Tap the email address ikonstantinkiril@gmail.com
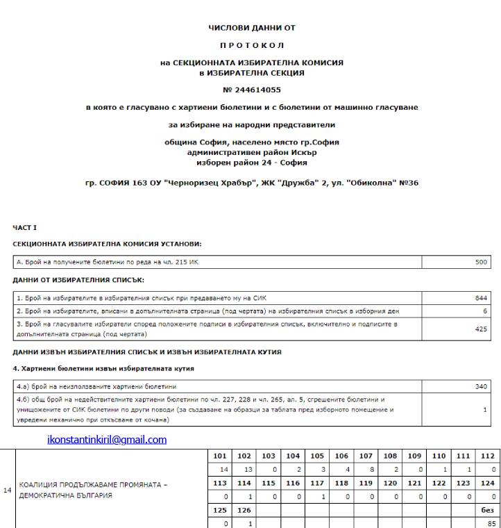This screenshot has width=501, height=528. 107,440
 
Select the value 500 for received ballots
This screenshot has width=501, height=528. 481,263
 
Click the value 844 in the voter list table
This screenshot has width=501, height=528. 481,297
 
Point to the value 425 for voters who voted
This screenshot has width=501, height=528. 481,329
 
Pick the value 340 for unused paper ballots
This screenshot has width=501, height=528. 481,386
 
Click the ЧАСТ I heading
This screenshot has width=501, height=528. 25,227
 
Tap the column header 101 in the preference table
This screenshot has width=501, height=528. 220,456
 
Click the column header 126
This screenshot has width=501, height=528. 244,510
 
